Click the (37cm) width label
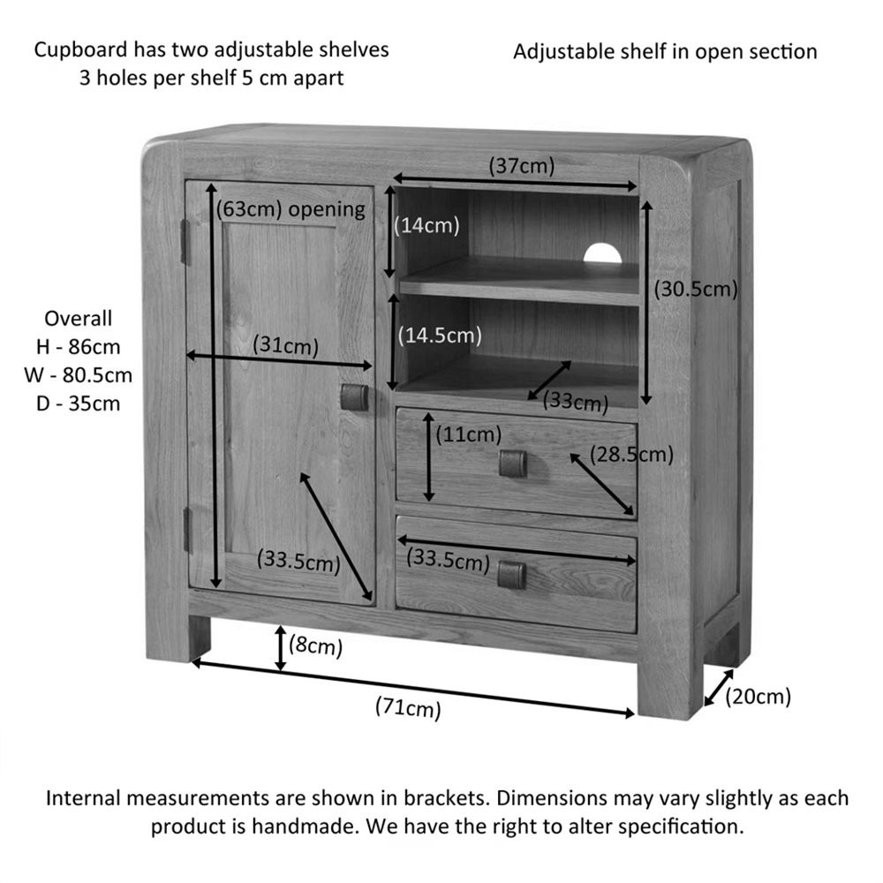[x=521, y=166]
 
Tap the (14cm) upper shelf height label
[x=427, y=225]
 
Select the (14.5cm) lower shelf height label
[x=440, y=336]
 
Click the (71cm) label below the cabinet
[x=408, y=706]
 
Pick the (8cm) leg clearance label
[x=315, y=647]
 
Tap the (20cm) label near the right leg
[x=758, y=697]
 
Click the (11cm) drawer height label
[x=468, y=434]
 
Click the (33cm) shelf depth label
[x=575, y=403]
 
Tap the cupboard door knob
[x=354, y=396]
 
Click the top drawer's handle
[x=512, y=463]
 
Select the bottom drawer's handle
[x=511, y=575]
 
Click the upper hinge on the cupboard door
[x=185, y=241]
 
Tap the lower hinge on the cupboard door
[x=187, y=531]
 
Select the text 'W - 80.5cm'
[x=79, y=375]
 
